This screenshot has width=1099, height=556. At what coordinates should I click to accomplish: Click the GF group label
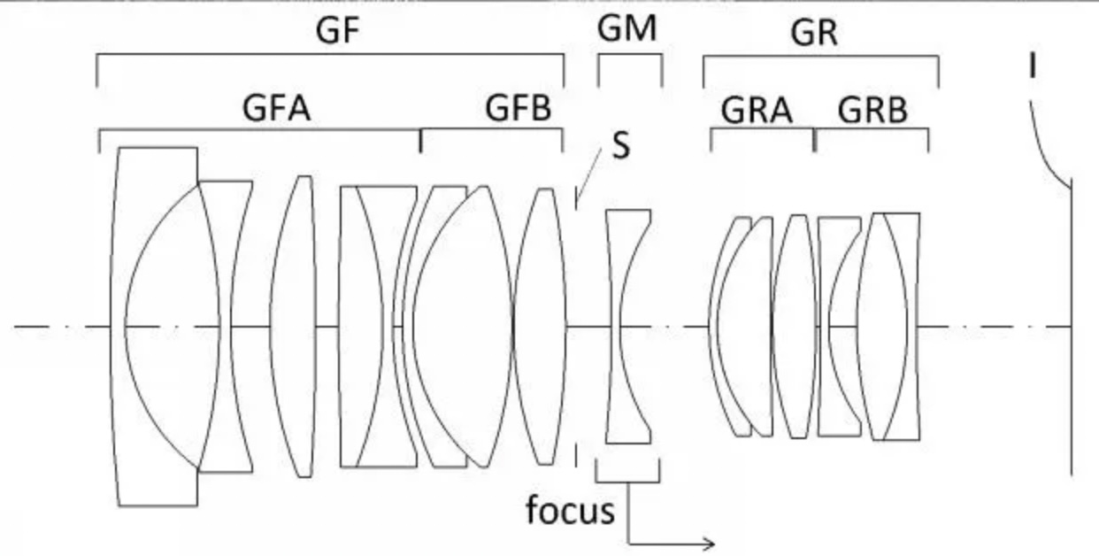pos(337,30)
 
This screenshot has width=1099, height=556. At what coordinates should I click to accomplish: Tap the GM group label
pos(627,28)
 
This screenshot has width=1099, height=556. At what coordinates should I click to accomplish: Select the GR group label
pos(814,33)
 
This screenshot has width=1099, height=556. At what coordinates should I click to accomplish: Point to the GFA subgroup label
pos(277,108)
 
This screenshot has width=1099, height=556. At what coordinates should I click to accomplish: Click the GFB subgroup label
pos(519,108)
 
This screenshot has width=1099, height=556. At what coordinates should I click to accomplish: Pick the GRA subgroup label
pos(757,111)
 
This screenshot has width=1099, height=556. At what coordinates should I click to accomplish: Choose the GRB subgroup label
pos(872,110)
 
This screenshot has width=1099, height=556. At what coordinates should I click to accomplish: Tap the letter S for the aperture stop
pos(621,146)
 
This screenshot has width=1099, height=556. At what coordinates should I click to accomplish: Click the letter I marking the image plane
pos(1033,66)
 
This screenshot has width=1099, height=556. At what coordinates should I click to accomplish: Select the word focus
pos(570,510)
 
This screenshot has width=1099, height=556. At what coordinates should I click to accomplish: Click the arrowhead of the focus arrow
pos(710,544)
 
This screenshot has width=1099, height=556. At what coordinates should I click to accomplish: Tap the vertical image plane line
pos(1071,328)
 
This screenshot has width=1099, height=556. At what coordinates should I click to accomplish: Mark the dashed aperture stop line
pos(576,327)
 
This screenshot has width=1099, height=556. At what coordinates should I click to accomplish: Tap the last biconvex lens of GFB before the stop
pos(540,327)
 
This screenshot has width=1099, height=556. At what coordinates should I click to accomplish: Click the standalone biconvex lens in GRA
pos(795,327)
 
